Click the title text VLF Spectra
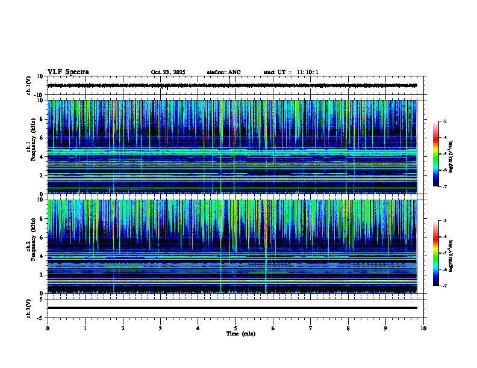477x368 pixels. pos(68,72)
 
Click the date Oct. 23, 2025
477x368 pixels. pos(168,72)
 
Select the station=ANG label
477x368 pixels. pos(223,72)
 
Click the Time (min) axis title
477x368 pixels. pos(240,333)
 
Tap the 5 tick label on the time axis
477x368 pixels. pos(235,328)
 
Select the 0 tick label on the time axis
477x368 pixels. pos(48,328)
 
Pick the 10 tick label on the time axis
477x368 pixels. pos(423,328)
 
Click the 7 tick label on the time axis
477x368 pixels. pos(311,328)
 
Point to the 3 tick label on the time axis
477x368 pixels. pos(160,328)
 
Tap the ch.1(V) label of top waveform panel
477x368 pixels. pos(29,85)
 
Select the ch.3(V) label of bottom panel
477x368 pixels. pos(29,308)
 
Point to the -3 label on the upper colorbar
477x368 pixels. pos(444,121)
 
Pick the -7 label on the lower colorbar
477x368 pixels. pos(444,286)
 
